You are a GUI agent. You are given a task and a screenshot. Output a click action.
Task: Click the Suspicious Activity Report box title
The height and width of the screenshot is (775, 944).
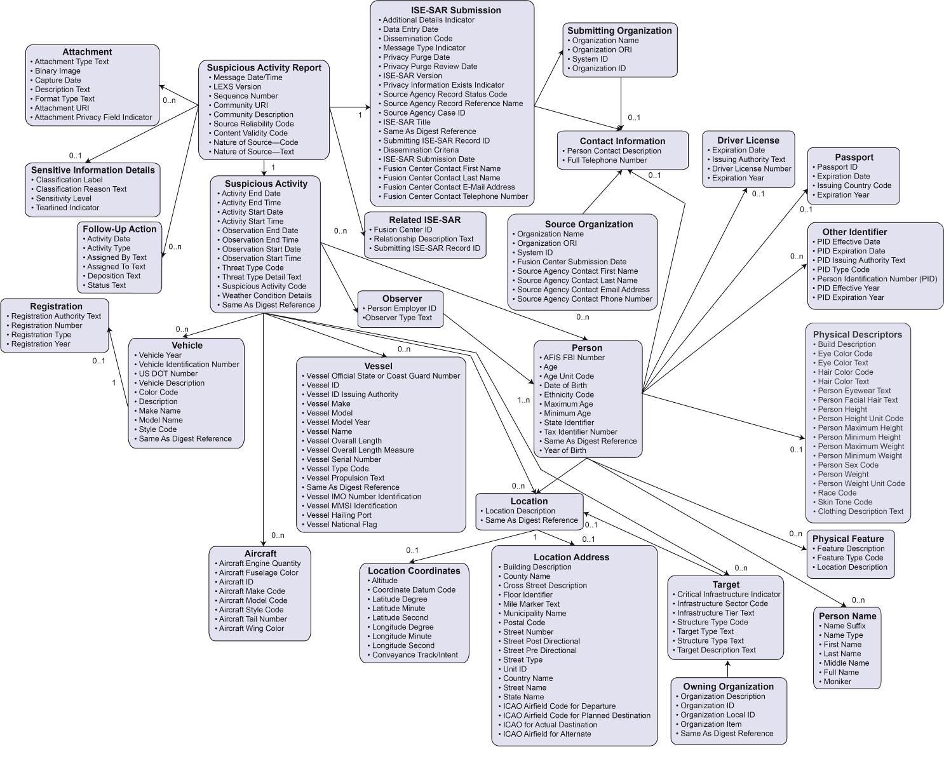(x=264, y=68)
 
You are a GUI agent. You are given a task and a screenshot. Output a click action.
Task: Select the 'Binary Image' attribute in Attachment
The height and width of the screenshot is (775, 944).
(x=57, y=71)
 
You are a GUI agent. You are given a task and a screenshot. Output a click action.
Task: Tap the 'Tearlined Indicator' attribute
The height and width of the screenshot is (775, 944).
(x=67, y=208)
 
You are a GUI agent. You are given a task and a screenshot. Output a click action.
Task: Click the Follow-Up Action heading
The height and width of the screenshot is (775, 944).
(x=119, y=229)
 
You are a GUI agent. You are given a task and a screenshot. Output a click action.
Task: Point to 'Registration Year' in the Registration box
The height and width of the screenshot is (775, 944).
(x=41, y=344)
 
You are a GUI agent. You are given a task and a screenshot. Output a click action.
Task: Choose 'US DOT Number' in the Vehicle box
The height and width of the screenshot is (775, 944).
(x=168, y=374)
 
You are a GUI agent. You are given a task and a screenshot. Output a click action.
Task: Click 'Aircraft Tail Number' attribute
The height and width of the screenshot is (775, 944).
(x=253, y=619)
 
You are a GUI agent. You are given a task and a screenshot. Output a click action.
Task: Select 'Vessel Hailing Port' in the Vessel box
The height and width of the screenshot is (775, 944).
(x=339, y=515)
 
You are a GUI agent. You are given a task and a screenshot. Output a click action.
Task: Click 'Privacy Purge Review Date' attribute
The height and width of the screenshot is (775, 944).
(x=430, y=66)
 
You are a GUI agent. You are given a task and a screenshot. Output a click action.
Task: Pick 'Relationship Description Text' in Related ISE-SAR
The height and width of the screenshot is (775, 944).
(x=423, y=239)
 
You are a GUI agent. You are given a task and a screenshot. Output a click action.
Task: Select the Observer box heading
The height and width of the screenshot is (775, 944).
(x=401, y=299)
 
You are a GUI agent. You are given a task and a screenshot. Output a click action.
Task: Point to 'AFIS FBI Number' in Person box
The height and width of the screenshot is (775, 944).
(x=574, y=358)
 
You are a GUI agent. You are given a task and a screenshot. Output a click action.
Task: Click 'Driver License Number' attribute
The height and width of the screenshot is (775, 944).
(x=752, y=169)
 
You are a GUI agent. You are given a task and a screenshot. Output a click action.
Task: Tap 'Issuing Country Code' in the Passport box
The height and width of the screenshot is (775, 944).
(x=854, y=185)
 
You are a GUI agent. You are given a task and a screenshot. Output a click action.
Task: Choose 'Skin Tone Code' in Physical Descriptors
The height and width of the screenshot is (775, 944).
(x=845, y=502)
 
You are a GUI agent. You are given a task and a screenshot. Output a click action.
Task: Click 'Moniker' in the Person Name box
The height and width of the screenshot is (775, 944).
(x=837, y=682)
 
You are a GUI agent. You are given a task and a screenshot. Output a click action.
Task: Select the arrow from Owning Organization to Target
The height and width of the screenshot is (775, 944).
(x=728, y=669)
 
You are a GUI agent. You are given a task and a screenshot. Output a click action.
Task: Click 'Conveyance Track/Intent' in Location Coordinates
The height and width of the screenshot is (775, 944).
(x=415, y=655)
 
